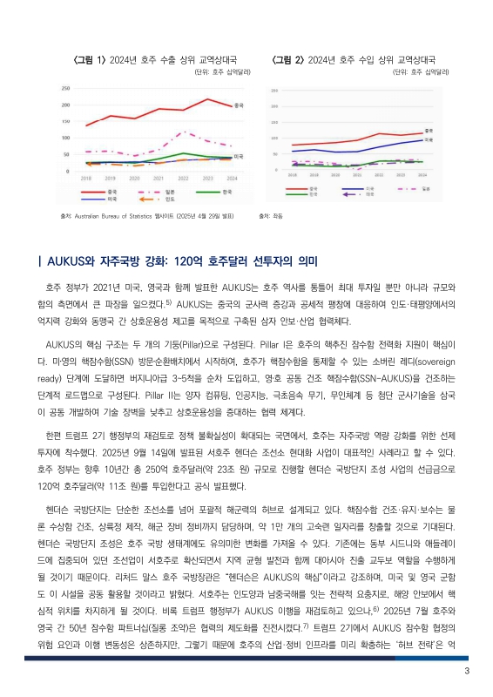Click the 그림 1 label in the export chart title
click(90, 60)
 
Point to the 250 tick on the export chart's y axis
click(66, 89)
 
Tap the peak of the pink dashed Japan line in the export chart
click(185, 132)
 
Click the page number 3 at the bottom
click(467, 671)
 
